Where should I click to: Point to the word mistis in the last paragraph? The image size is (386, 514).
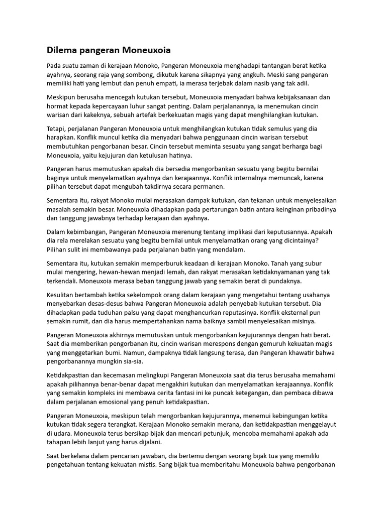point(156,464)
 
